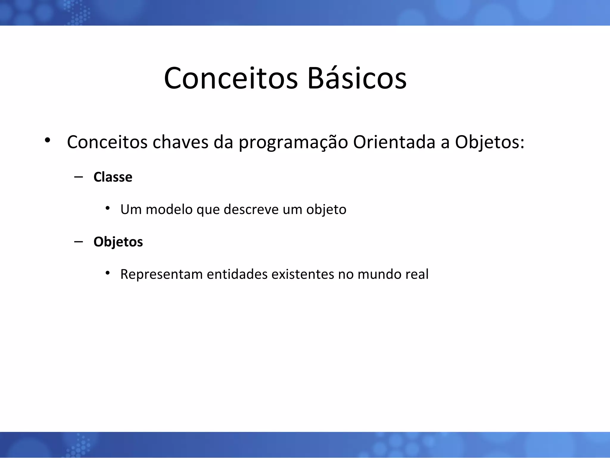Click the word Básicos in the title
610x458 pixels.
pyautogui.click(x=357, y=78)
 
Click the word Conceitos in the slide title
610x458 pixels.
pyautogui.click(x=231, y=78)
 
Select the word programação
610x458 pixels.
pyautogui.click(x=293, y=142)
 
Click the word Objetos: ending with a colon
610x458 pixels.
pyautogui.click(x=489, y=142)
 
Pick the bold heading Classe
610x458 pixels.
pyautogui.click(x=113, y=177)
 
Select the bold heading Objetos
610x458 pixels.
pyautogui.click(x=118, y=242)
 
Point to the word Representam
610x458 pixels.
pyautogui.click(x=161, y=274)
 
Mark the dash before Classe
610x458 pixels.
pyautogui.click(x=79, y=177)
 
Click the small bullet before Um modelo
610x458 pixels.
pyautogui.click(x=108, y=208)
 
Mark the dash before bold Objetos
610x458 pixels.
pyautogui.click(x=79, y=241)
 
